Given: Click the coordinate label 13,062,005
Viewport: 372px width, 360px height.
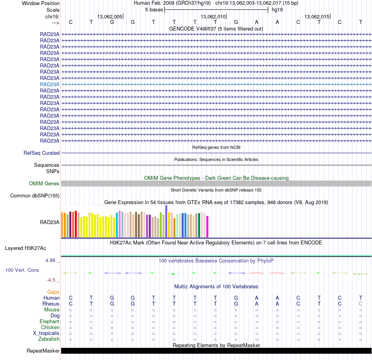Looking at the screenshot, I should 110,16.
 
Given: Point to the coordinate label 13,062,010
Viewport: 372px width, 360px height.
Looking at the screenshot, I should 213,16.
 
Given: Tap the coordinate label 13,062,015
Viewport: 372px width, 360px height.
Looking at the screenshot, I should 317,16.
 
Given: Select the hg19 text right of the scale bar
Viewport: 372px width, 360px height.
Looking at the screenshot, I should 277,9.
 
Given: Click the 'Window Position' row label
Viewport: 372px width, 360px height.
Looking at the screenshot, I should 41,3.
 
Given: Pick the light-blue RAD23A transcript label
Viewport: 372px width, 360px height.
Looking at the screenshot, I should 50,84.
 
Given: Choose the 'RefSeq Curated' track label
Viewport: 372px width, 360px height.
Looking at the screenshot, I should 42,153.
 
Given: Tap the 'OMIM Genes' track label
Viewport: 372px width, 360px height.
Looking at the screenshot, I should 44,183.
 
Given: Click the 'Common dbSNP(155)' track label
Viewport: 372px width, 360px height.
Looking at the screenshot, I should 35,196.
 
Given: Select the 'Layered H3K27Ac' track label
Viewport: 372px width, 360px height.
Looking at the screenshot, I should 25,248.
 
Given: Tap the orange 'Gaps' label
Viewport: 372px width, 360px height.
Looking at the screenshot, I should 53,292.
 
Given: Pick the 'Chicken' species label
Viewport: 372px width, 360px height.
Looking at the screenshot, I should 50,327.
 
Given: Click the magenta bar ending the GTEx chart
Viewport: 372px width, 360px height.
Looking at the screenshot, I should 207,226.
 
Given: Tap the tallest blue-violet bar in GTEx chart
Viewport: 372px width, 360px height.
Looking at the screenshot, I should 166,221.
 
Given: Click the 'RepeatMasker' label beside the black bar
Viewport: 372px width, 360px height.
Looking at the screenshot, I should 43,351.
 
